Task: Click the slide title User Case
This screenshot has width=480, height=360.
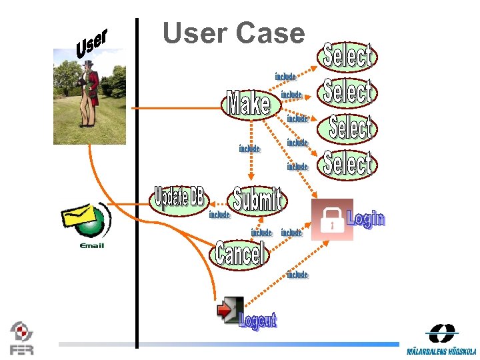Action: point(233,33)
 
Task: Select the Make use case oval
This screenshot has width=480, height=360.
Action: point(249,104)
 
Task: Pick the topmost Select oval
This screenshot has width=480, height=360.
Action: point(347,57)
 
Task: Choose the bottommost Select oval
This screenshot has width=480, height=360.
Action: point(347,164)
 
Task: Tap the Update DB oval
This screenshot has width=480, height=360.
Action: point(179,198)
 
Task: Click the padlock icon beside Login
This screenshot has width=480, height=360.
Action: point(332,219)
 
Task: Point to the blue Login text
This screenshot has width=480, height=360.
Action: point(366,218)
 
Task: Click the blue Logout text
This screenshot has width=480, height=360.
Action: point(257,320)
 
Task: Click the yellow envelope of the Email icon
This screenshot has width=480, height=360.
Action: point(79,217)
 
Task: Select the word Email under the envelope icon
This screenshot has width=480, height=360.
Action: point(91,246)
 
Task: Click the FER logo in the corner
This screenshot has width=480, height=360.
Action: point(21,338)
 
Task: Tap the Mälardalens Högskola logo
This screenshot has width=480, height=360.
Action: point(441,340)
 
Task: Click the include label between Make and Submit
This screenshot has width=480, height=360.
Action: point(249,149)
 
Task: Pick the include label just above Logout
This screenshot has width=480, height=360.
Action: point(297,274)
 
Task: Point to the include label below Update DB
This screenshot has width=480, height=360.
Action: point(219,215)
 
